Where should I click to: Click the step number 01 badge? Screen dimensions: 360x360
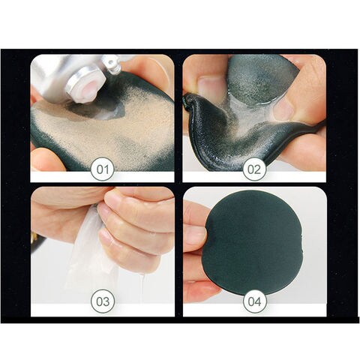pyautogui.click(x=103, y=169)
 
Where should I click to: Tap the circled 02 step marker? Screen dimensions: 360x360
pyautogui.click(x=254, y=169)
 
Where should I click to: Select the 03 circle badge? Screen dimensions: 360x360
pyautogui.click(x=103, y=301)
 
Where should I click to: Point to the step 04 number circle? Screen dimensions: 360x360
pyautogui.click(x=255, y=301)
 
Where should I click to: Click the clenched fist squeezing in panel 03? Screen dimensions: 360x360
pyautogui.click(x=135, y=225)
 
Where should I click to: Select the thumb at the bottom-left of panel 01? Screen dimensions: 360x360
pyautogui.click(x=46, y=160)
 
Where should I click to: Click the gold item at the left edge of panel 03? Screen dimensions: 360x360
pyautogui.click(x=33, y=238)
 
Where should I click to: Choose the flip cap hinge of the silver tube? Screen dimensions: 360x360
pyautogui.click(x=112, y=65)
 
